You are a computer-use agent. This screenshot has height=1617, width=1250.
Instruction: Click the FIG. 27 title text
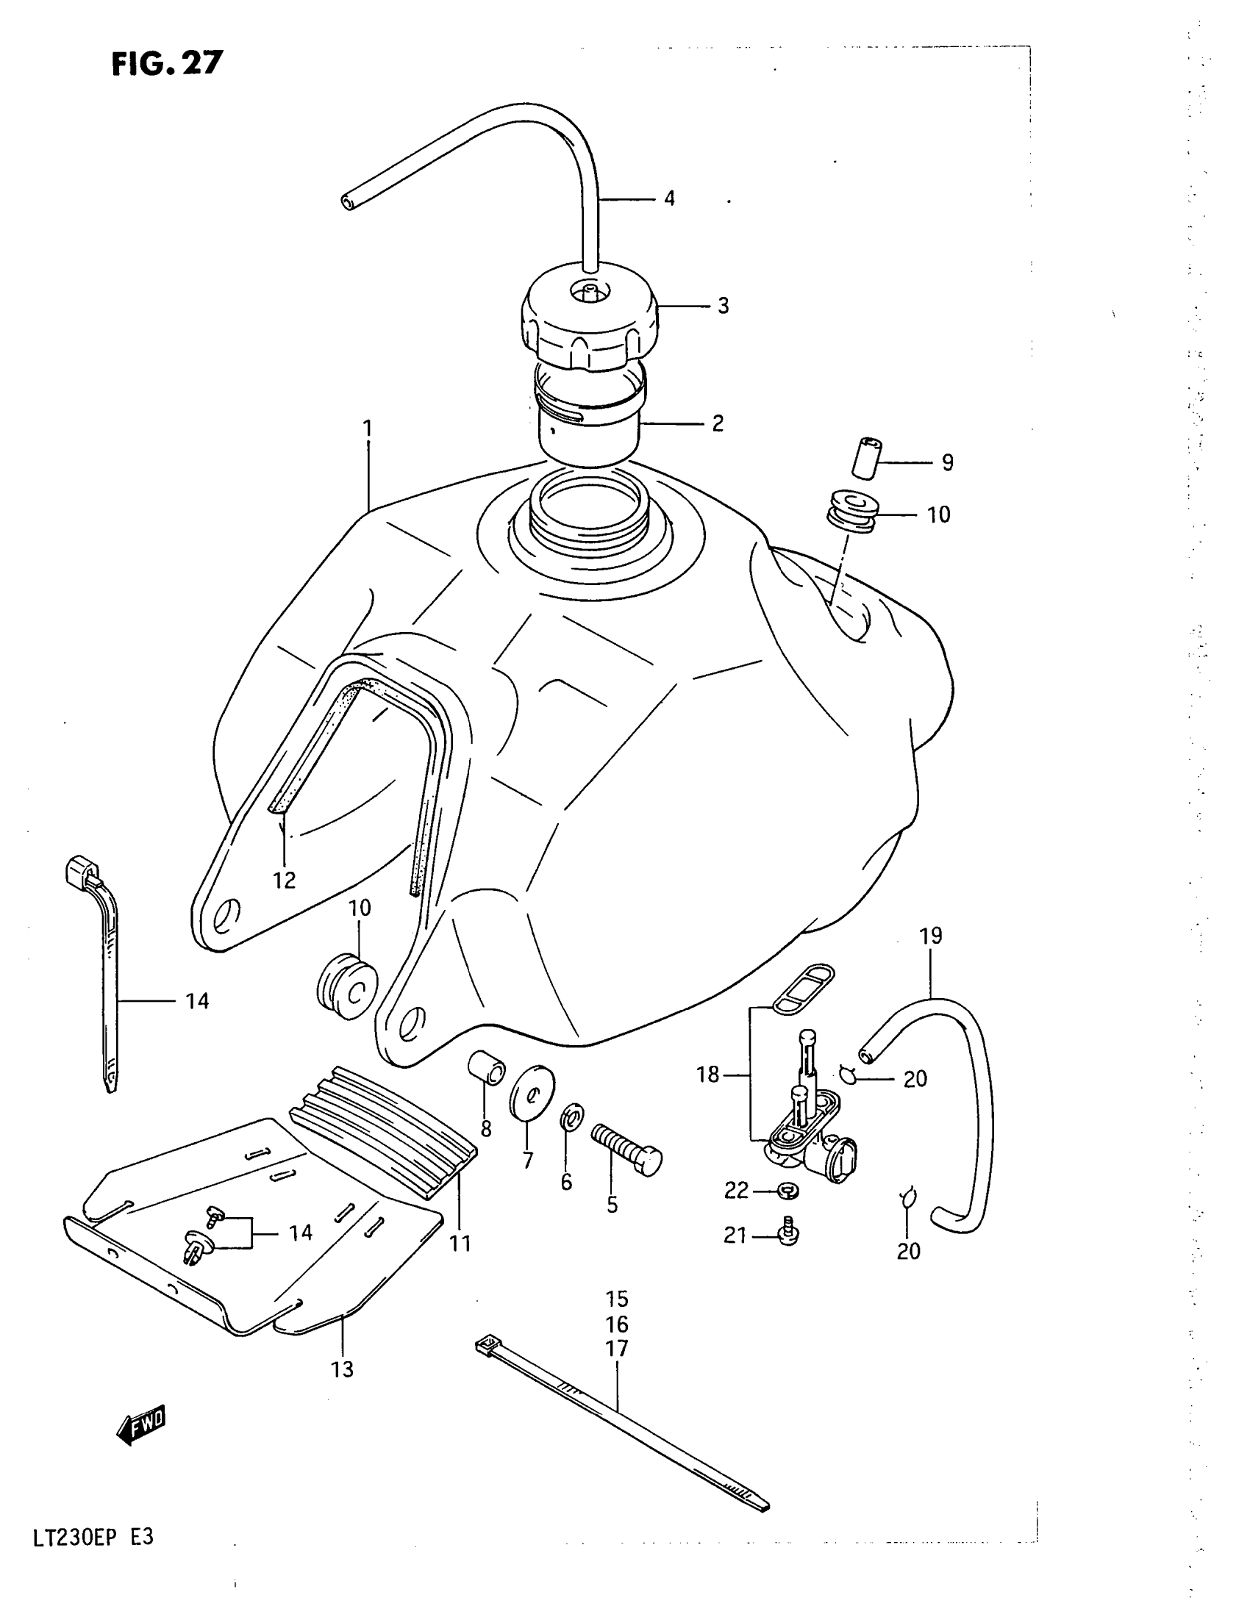pyautogui.click(x=167, y=64)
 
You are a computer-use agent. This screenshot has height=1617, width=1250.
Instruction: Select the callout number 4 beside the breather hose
pyautogui.click(x=669, y=198)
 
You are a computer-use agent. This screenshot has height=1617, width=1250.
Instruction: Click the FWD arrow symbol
pyautogui.click(x=141, y=1425)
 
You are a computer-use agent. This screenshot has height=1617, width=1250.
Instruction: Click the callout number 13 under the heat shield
pyautogui.click(x=342, y=1370)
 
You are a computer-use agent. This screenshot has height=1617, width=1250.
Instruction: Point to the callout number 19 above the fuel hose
pyautogui.click(x=931, y=936)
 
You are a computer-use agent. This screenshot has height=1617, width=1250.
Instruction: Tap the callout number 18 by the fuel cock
pyautogui.click(x=707, y=1075)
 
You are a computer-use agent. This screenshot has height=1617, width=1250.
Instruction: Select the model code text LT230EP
pyautogui.click(x=73, y=1538)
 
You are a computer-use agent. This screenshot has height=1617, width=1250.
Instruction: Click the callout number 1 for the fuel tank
pyautogui.click(x=368, y=429)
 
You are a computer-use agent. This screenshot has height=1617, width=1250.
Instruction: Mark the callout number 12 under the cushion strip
pyautogui.click(x=285, y=881)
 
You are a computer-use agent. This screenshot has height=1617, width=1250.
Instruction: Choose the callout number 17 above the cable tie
pyautogui.click(x=617, y=1349)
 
